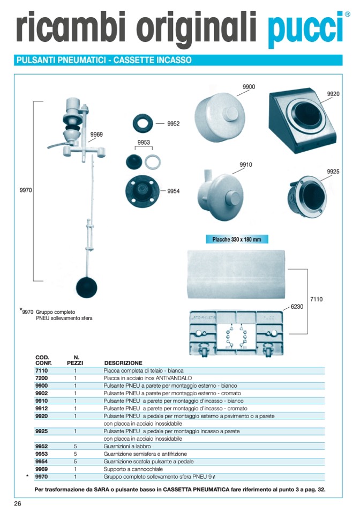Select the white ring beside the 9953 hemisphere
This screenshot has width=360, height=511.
pos(153,161)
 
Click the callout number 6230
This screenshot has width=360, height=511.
pos(298,306)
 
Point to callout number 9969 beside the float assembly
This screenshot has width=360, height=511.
pos(96,135)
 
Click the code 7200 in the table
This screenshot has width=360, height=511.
pos(41,378)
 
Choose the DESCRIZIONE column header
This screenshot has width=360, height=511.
pos(123,363)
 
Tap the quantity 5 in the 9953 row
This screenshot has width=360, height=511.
pos(76,454)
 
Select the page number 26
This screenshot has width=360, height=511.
pos(18,503)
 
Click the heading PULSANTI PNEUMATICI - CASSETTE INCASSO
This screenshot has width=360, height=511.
pos(104,60)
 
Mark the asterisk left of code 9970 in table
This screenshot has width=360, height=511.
pos(27,476)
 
